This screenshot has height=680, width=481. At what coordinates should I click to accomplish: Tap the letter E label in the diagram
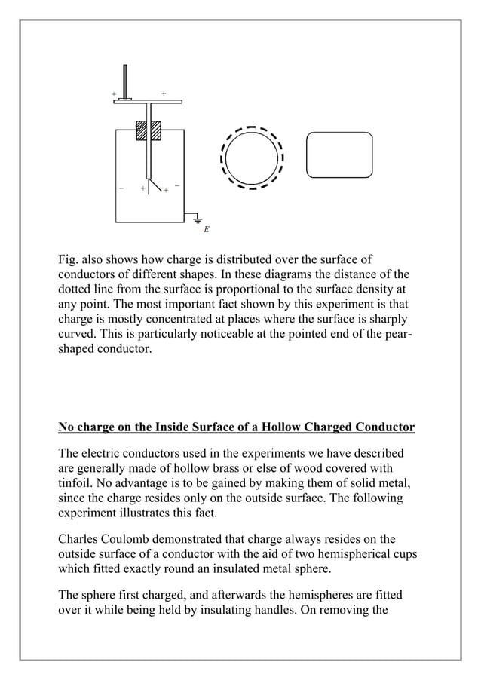click(x=206, y=228)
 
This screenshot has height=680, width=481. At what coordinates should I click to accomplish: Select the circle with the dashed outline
click(x=252, y=158)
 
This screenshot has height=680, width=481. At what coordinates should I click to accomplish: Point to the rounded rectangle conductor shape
click(x=339, y=155)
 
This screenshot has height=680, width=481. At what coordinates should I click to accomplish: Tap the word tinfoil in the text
click(x=80, y=484)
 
